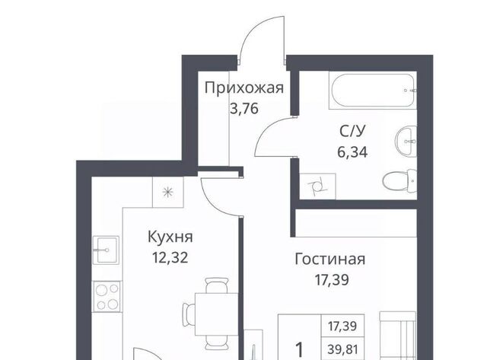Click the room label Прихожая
pyautogui.click(x=244, y=88)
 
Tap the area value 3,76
pyautogui.click(x=244, y=109)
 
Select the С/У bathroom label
pyautogui.click(x=352, y=132)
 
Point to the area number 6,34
pyautogui.click(x=352, y=152)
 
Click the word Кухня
pyautogui.click(x=170, y=237)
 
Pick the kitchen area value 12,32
pyautogui.click(x=170, y=257)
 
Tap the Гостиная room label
pyautogui.click(x=329, y=259)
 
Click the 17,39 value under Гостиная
pyautogui.click(x=332, y=279)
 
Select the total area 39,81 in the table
pyautogui.click(x=342, y=350)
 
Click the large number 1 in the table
pyautogui.click(x=299, y=350)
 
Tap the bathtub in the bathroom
pyautogui.click(x=373, y=91)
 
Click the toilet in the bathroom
pyautogui.click(x=399, y=181)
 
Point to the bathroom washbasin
pyautogui.click(x=406, y=142)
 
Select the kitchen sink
pyautogui.click(x=106, y=250)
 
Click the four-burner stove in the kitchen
pyautogui.click(x=107, y=296)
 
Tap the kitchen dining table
pyautogui.click(x=216, y=314)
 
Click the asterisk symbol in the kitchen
pyautogui.click(x=167, y=193)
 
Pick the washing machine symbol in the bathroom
pyautogui.click(x=317, y=186)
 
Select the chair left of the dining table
pyautogui.click(x=189, y=314)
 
